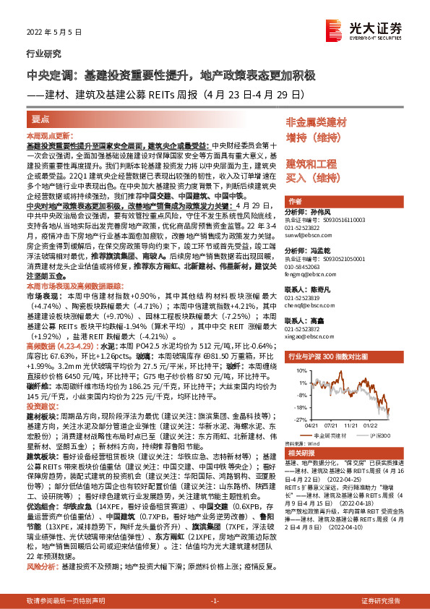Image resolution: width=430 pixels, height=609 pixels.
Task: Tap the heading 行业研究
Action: coord(40,54)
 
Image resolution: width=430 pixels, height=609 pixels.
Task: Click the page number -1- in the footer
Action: coord(215,601)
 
